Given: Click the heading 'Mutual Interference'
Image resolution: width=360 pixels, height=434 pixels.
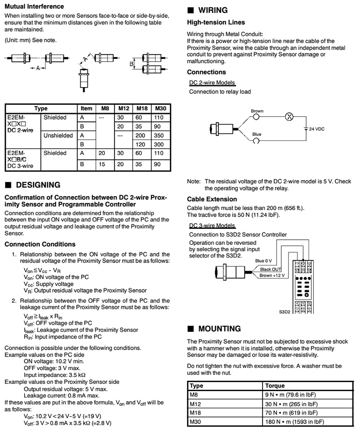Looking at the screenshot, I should coord(34,7).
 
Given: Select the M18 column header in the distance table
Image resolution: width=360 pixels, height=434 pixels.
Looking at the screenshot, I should coord(142,108).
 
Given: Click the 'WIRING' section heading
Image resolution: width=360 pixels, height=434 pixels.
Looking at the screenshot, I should coord(211,10).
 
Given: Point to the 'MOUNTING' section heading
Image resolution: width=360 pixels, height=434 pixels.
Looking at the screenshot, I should coord(219,329).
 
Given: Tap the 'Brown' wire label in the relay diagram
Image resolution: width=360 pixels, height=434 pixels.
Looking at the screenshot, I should coord(257,111).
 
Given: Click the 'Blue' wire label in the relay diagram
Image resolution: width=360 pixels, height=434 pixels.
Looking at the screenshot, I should coord(257,134).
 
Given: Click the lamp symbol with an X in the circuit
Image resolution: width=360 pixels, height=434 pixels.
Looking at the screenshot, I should coord(288,116).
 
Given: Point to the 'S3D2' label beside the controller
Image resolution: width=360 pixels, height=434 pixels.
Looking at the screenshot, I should coord(285,313).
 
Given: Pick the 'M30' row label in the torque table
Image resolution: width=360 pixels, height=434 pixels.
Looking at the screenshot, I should coord(196,421).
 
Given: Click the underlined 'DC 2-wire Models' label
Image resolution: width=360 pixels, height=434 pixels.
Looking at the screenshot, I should coord(212,83).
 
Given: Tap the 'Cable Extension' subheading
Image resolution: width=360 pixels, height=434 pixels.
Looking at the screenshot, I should coord(212,199).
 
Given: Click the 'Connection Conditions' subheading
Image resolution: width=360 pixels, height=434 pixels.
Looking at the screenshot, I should coord(40,244).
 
